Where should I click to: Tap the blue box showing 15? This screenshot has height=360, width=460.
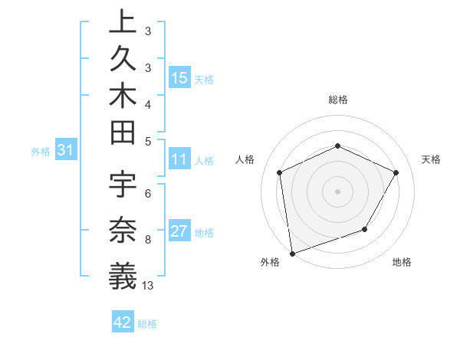tap(179, 78)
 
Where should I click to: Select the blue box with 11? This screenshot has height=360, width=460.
tap(179, 160)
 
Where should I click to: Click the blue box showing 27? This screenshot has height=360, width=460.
tap(179, 232)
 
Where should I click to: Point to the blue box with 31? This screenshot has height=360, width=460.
tap(65, 151)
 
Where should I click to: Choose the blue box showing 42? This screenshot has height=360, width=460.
tap(122, 322)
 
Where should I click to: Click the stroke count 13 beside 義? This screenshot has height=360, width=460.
tap(148, 286)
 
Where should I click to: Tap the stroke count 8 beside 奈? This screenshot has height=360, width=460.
tap(147, 240)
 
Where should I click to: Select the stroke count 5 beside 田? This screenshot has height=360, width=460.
tap(147, 142)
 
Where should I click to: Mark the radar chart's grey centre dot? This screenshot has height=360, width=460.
tap(337, 191)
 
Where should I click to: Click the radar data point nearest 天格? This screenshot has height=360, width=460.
tap(396, 172)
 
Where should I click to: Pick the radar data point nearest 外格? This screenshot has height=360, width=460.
tap(292, 253)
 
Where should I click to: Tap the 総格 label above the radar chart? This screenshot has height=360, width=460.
tap(338, 100)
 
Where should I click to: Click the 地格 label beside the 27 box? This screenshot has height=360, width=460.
tap(204, 233)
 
